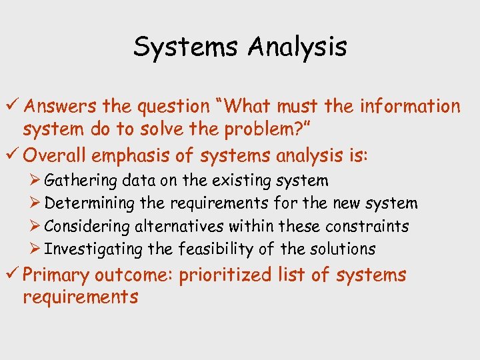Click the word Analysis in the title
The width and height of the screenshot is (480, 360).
point(298,47)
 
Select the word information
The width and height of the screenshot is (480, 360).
point(410,106)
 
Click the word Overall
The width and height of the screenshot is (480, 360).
point(57,155)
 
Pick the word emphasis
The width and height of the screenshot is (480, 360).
point(139,156)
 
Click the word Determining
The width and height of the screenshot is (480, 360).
point(89,203)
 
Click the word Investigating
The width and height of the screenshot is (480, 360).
point(93,249)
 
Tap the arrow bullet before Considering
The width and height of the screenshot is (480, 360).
point(36,226)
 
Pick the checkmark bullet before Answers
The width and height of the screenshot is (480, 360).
point(11,106)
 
